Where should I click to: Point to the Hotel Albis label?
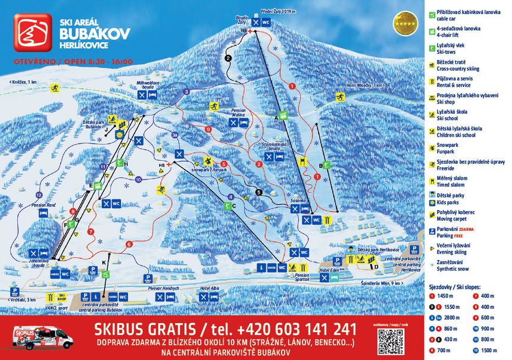210,288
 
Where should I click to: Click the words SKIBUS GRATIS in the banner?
144,329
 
